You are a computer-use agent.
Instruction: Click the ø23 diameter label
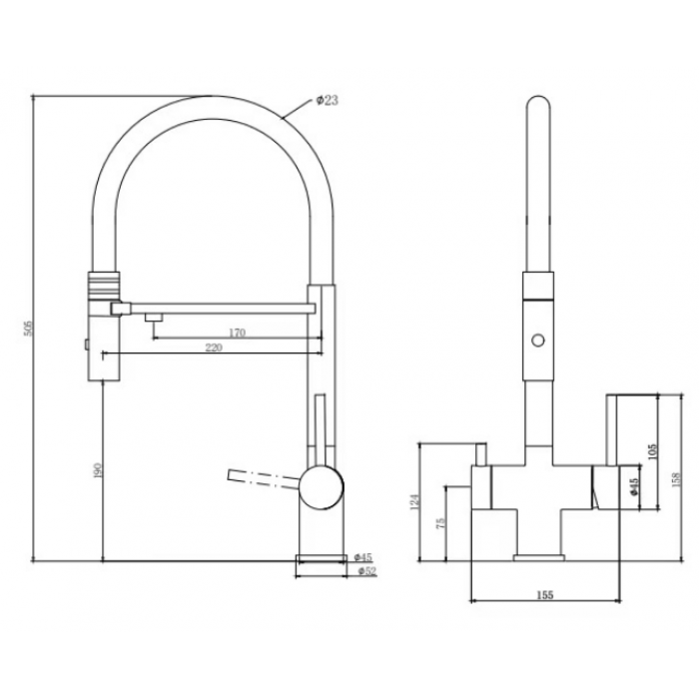pos(328,101)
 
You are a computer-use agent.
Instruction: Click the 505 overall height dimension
pos(28,329)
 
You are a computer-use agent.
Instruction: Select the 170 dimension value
pos(238,333)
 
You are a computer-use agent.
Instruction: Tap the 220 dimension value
pos(214,348)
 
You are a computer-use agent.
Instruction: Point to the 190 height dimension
pos(98,470)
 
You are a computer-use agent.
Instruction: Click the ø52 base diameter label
pos(366,571)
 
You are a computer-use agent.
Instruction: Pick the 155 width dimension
pos(545,595)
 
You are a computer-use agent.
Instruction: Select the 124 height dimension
pos(415,501)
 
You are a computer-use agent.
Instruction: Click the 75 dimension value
pos(440,523)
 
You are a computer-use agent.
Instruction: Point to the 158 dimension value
pos(676,480)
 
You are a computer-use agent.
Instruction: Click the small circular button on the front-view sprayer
pos(538,341)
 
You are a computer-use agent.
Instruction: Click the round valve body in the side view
pos(322,487)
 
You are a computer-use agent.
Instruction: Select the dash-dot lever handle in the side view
pos(263,478)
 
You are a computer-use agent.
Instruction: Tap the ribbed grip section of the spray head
pos(104,286)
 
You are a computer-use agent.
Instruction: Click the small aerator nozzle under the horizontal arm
pos(154,317)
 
